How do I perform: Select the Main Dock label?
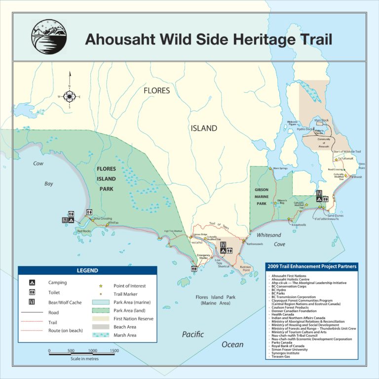click(x=321, y=120)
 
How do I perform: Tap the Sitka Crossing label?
click(x=103, y=218)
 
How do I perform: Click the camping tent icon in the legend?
click(x=32, y=283)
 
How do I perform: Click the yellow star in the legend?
click(x=101, y=286)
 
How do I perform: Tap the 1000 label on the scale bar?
click(x=92, y=351)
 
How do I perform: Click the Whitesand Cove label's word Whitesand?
click(x=269, y=235)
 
